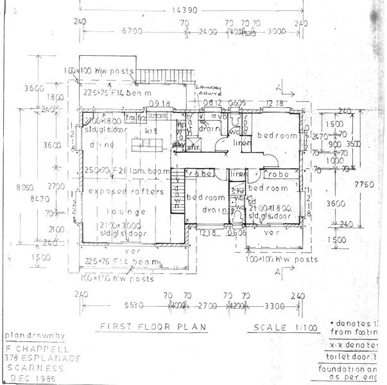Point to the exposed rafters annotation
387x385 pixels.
coord(126,191)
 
